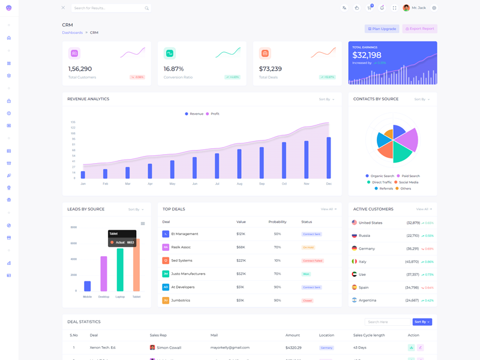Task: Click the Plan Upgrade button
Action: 382,29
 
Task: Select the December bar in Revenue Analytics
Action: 329,157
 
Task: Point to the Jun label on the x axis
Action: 194,184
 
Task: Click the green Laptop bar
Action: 120,270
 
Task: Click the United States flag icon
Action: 355,223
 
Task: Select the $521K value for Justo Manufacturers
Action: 241,274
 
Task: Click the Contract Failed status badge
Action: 313,260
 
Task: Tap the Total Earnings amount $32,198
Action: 367,56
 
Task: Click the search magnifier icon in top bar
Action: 146,8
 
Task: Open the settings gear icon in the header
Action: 434,8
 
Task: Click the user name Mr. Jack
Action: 419,8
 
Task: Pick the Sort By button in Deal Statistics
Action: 422,322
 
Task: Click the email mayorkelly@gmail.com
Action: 230,347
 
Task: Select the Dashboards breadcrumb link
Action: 73,32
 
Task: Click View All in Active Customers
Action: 424,209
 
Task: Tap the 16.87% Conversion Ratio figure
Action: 174,69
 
